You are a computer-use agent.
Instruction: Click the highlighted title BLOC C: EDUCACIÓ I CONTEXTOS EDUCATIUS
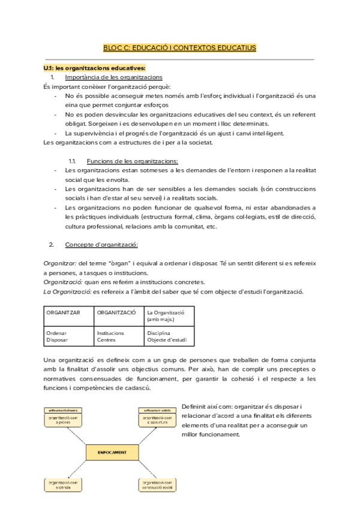click(179, 47)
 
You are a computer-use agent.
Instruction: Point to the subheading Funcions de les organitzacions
click(132, 161)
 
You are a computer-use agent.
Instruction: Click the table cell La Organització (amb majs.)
click(169, 316)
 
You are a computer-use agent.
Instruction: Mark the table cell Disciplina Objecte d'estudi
click(169, 336)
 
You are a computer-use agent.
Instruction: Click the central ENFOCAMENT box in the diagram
click(110, 450)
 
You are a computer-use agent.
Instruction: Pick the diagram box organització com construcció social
click(157, 484)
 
